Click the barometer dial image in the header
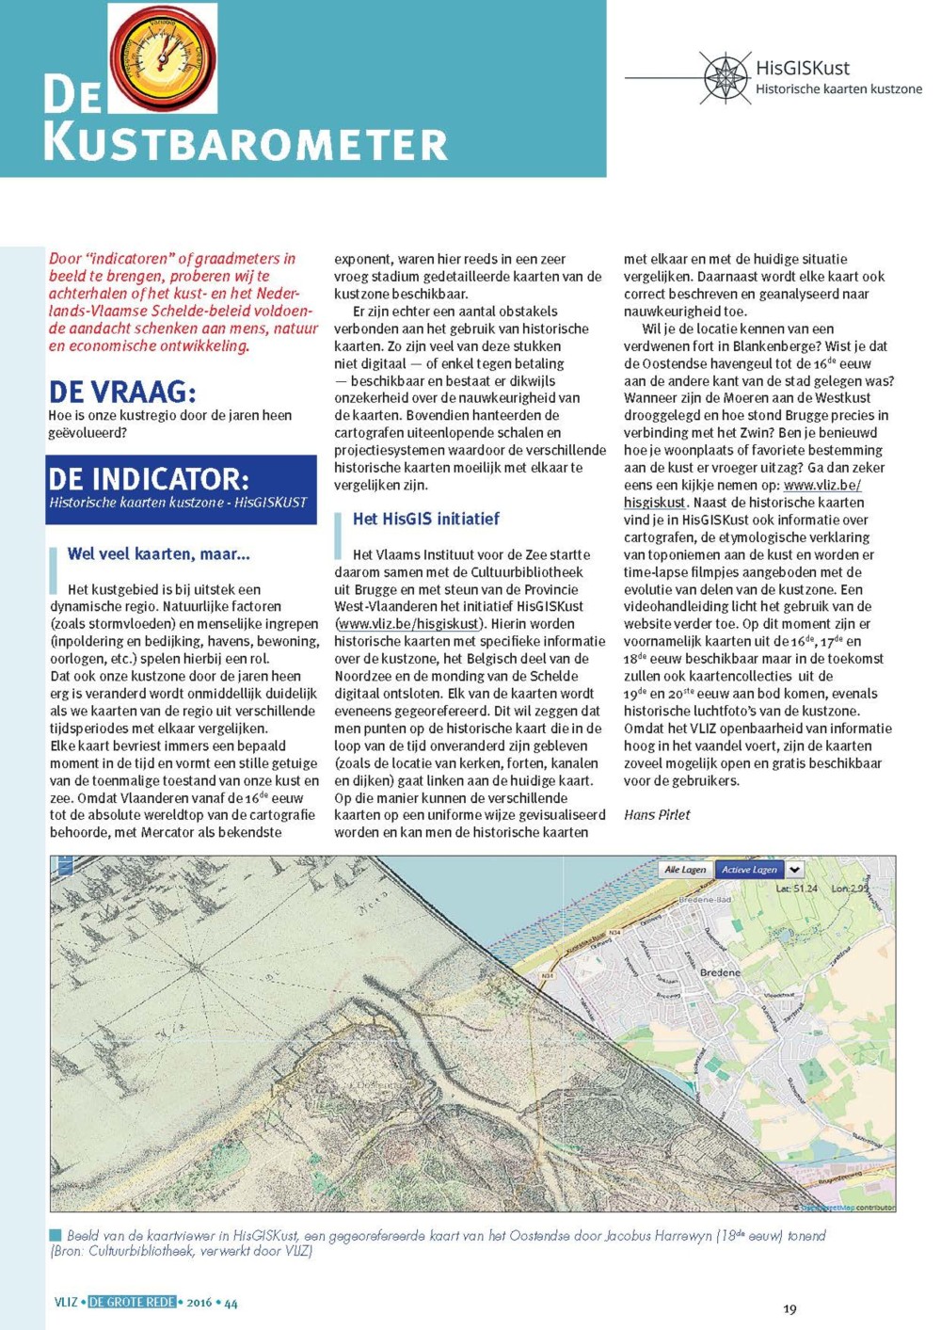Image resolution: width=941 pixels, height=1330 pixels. [163, 57]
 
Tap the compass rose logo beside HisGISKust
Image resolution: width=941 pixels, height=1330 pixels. [726, 77]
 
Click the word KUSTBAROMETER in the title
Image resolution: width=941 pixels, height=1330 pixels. [245, 144]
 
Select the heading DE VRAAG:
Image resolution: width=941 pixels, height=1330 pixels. [122, 391]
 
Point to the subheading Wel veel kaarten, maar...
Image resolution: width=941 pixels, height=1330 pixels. [158, 553]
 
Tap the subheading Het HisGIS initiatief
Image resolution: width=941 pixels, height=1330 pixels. [425, 519]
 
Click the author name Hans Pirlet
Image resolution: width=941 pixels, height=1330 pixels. [657, 814]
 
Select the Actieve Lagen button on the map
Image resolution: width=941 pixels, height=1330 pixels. [749, 870]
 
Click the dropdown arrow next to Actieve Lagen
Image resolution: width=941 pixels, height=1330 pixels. [794, 870]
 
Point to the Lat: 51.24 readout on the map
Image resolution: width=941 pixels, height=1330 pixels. [796, 889]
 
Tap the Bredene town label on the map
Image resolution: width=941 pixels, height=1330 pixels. [720, 971]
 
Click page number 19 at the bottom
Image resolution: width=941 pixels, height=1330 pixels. [789, 1308]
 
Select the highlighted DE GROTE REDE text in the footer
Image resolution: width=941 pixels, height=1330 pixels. [132, 1302]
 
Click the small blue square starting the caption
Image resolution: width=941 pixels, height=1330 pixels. [56, 1235]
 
